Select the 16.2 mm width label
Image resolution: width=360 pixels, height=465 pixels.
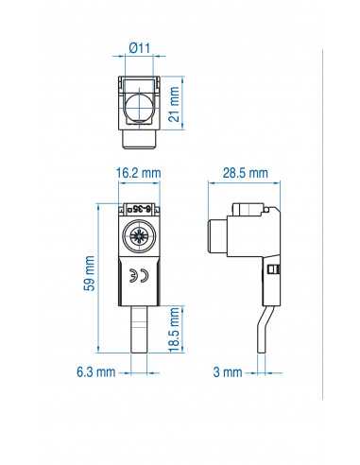[138, 174]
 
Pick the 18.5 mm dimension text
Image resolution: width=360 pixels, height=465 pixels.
[173, 327]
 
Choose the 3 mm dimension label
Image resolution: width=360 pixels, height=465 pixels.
[228, 372]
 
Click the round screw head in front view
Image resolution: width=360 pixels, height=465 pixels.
[138, 234]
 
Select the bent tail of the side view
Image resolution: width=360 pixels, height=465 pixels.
[262, 326]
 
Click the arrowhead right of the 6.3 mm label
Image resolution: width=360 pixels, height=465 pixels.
[123, 372]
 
